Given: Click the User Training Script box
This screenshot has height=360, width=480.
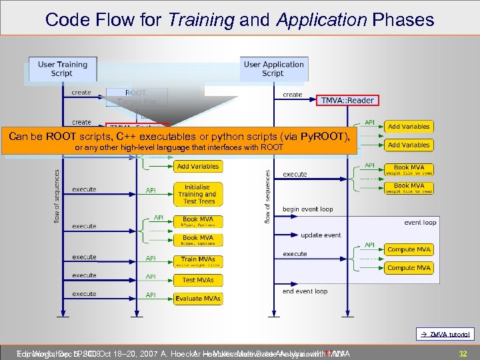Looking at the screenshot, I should click(62, 69).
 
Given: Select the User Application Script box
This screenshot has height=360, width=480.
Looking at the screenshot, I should click(273, 69).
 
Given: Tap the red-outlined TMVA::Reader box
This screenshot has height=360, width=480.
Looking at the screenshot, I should click(347, 100).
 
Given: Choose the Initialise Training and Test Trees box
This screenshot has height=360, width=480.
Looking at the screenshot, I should click(197, 194).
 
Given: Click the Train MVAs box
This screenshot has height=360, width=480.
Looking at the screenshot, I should click(197, 261).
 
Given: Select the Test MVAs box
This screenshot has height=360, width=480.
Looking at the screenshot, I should click(197, 280).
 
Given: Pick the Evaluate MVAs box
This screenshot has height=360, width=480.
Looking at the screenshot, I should click(197, 298).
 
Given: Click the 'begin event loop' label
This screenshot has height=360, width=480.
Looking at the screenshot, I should click(307, 209).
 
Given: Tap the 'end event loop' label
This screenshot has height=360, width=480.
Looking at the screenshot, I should click(305, 291).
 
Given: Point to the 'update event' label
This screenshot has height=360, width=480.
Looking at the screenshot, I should click(321, 235).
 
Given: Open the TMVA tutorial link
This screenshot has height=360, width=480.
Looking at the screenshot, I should click(451, 335).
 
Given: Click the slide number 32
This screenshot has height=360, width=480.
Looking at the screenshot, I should click(462, 353).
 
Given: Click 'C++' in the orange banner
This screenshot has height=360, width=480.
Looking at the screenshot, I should click(127, 137).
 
